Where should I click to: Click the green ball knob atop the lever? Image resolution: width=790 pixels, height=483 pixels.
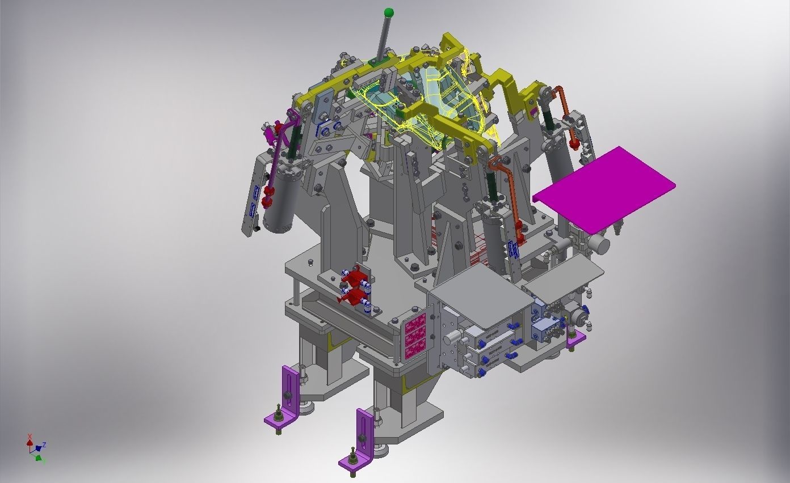tap(389, 12)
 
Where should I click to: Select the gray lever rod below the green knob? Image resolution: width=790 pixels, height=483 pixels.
tap(385, 37)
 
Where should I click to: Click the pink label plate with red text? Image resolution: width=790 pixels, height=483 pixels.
tap(415, 336)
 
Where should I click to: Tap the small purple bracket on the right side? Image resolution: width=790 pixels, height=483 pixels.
tap(576, 340)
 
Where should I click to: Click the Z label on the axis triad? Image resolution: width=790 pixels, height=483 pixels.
tap(44, 445)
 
